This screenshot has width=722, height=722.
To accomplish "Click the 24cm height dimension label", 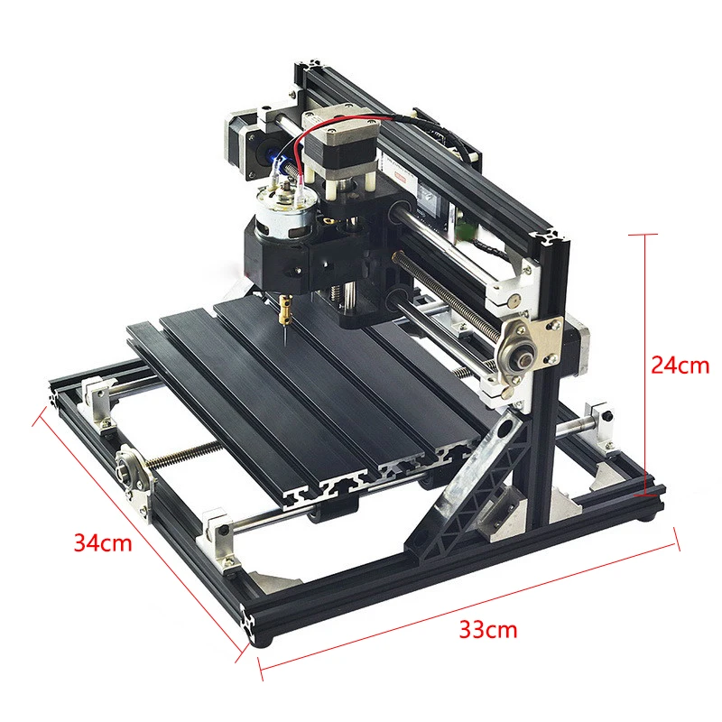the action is pyautogui.click(x=680, y=366).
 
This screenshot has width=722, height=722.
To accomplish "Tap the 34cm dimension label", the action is pyautogui.click(x=103, y=542).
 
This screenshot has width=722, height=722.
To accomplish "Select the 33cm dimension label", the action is pyautogui.click(x=488, y=629).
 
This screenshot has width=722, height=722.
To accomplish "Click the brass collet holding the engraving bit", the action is pyautogui.click(x=285, y=309).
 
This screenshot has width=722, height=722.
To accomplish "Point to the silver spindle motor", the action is pyautogui.click(x=284, y=211).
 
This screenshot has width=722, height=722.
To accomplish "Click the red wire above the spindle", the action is pyautogui.click(x=341, y=134).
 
